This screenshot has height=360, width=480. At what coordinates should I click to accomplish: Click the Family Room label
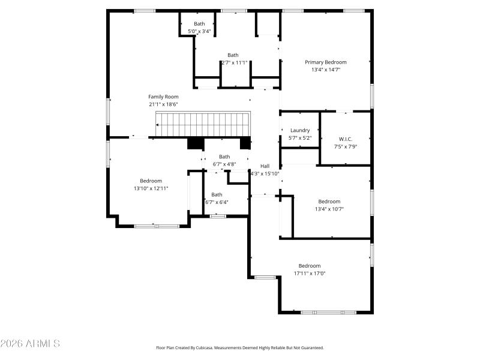(163, 97)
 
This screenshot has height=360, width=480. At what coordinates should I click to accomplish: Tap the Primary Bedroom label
(325, 62)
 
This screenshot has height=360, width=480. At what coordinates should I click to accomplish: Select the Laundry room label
(300, 130)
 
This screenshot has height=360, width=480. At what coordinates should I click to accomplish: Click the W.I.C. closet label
(346, 139)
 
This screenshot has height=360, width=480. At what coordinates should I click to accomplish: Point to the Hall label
(265, 166)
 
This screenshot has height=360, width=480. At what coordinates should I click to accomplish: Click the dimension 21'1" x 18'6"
(163, 104)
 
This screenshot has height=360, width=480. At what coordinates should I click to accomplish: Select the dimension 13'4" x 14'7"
(325, 70)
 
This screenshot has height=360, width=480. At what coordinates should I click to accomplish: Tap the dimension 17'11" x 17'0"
(310, 274)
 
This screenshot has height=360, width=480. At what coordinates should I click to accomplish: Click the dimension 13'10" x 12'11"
(151, 188)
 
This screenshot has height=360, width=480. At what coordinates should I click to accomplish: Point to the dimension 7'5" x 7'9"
(346, 146)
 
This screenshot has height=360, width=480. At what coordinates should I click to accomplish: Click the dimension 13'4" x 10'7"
(329, 209)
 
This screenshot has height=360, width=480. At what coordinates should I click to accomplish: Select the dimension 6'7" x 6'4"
(217, 202)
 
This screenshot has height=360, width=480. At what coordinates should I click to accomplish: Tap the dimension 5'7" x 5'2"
(300, 138)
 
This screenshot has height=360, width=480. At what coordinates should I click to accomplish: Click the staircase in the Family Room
(203, 124)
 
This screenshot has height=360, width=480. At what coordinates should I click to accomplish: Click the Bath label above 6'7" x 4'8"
(224, 157)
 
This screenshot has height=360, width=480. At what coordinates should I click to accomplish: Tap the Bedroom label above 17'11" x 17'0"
(310, 266)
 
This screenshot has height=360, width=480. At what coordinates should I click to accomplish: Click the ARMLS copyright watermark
(30, 344)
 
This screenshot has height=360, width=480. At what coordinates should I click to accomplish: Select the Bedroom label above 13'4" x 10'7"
(329, 202)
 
